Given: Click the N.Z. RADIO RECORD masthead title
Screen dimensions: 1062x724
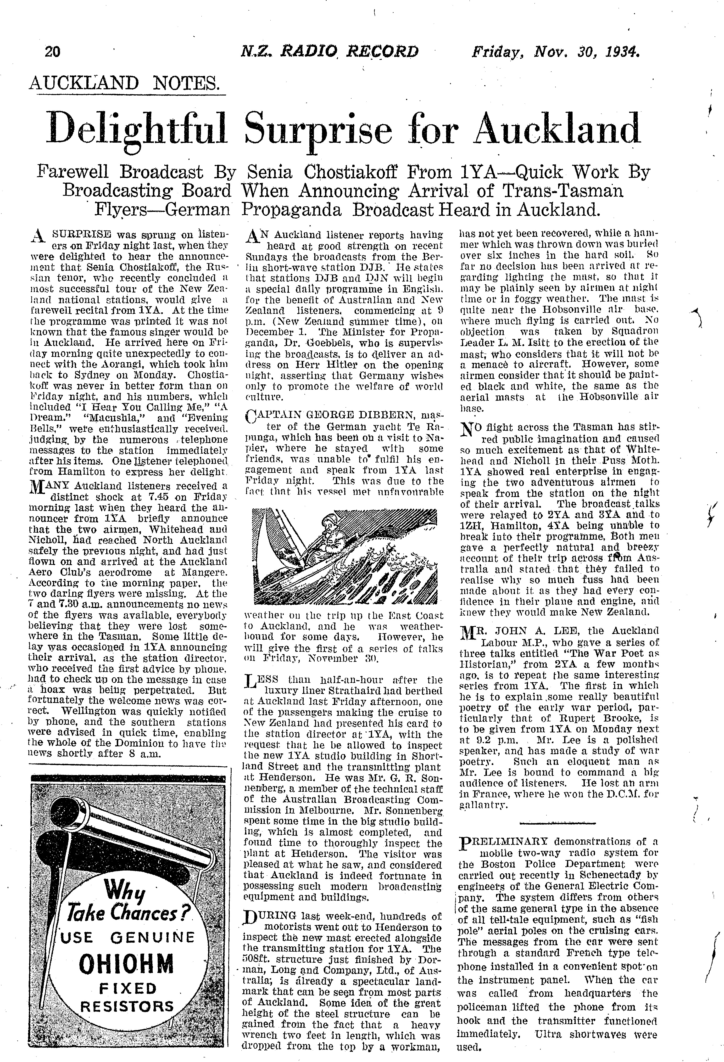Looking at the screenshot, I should click(329, 52).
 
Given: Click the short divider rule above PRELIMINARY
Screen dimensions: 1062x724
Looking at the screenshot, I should click(558, 823).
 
